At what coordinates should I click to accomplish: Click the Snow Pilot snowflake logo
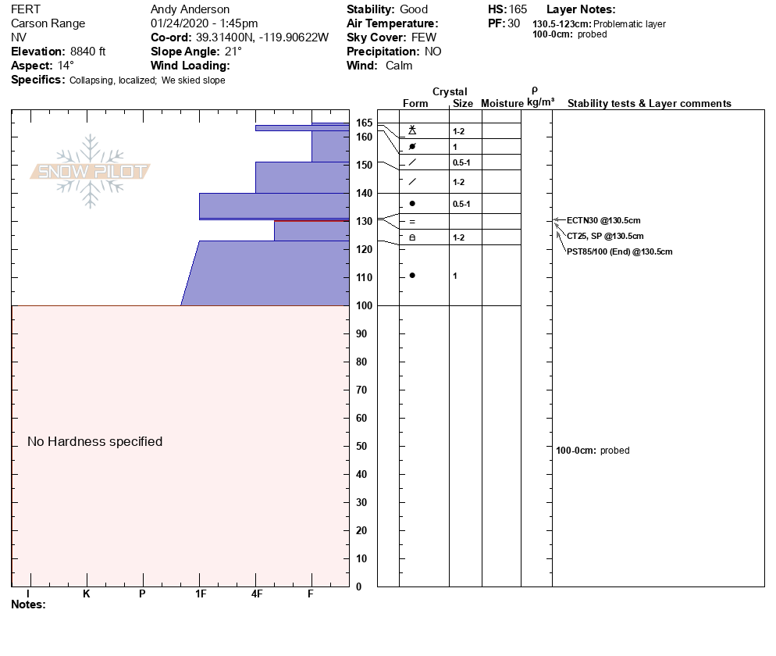coord(91,171)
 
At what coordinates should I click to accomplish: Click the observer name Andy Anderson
coord(190,9)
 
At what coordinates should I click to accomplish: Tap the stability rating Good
coord(414,9)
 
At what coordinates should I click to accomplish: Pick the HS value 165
coord(518,9)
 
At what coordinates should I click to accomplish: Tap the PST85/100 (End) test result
coord(619,251)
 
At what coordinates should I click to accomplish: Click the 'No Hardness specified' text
coord(94,442)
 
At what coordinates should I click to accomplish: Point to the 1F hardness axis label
coord(200,594)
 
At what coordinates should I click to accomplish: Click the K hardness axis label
coord(87,594)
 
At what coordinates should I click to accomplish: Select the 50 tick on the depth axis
coord(361,447)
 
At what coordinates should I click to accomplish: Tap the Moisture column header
coord(502,104)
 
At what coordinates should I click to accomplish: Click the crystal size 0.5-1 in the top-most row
coord(462,162)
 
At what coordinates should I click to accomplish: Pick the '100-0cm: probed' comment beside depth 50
coord(593,451)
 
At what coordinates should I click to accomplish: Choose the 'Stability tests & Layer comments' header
coord(649,104)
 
